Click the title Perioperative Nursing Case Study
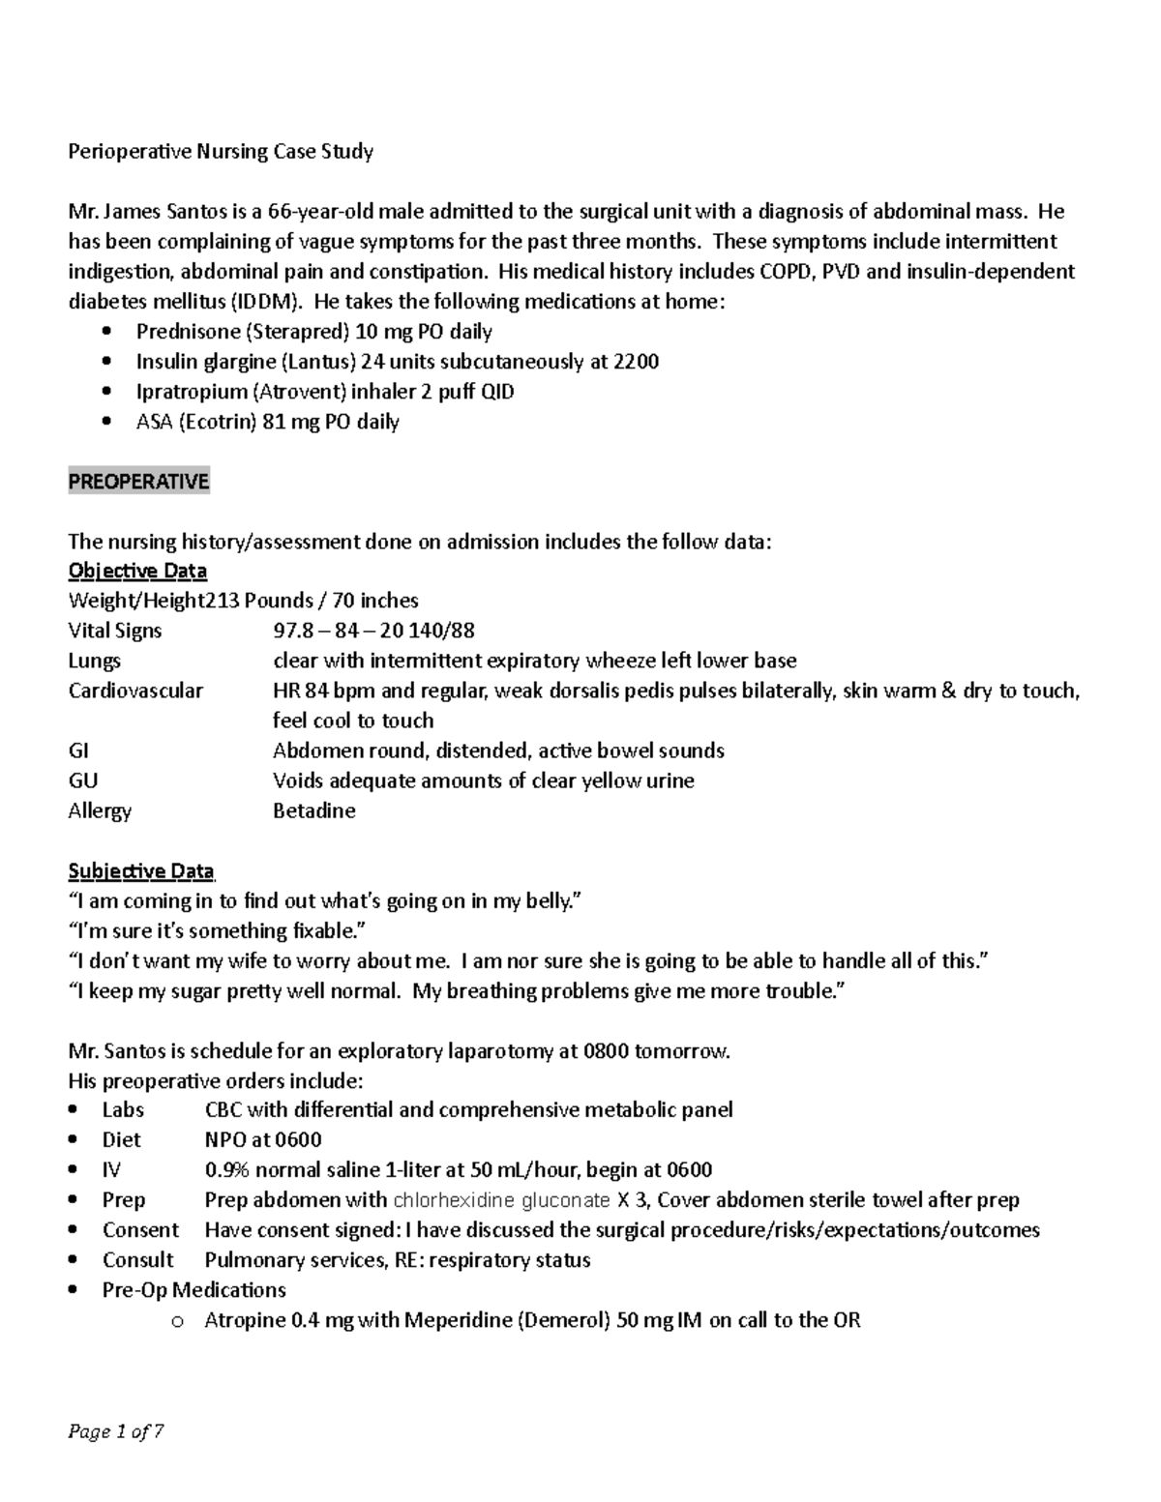[221, 152]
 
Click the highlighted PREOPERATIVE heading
[138, 482]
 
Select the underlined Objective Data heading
[137, 571]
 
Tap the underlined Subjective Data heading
[141, 871]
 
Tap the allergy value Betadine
[314, 810]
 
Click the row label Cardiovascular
[135, 691]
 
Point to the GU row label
[83, 780]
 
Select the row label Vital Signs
[115, 631]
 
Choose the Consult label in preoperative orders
[138, 1260]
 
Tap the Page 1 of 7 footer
[115, 1431]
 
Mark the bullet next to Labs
[76, 1110]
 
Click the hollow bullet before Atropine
[176, 1322]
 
